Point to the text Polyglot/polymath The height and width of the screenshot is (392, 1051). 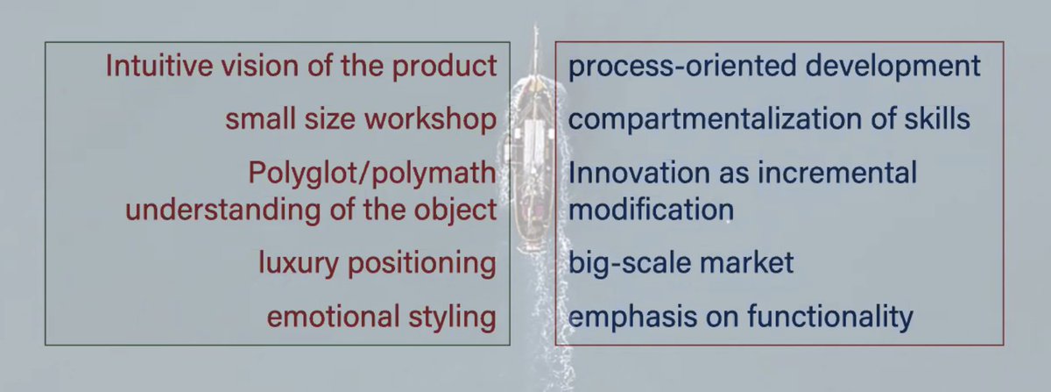coord(371,173)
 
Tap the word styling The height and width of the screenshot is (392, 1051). coord(453,316)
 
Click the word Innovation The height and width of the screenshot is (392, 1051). coord(626,173)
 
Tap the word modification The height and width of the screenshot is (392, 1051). coord(651,210)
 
